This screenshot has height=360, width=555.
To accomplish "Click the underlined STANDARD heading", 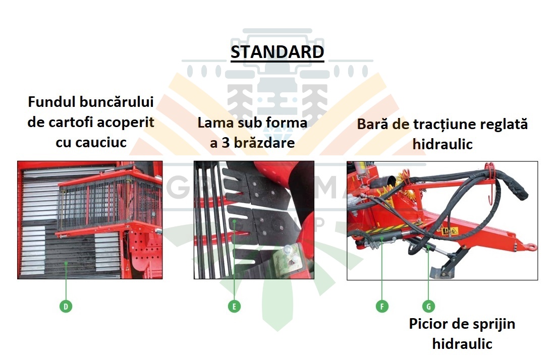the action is coord(277,52).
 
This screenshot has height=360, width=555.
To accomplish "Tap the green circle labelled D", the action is coord(66,306).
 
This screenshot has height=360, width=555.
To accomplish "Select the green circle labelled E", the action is coord(234,306).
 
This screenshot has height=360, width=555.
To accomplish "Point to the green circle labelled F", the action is coord(382,306).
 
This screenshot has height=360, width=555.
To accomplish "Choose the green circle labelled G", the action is coord(429,306).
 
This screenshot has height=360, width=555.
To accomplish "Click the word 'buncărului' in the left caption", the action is coord(117,102).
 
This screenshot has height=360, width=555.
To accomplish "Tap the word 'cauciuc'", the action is coord(91,143).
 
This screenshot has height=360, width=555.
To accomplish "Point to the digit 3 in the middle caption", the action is coord(226,143).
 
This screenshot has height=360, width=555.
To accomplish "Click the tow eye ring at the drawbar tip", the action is coord(530,246).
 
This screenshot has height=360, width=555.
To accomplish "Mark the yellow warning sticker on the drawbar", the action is coord(450,231).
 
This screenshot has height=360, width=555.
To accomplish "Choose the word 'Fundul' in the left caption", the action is coord(51,102).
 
